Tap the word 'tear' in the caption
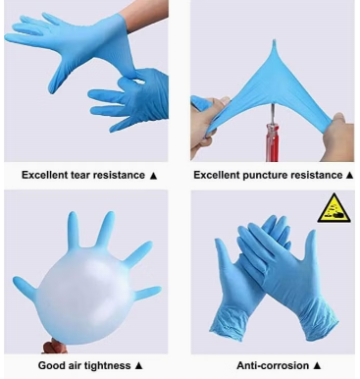pyautogui.click(x=87, y=176)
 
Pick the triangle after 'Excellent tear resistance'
pyautogui.click(x=152, y=176)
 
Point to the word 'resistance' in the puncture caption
pyautogui.click(x=316, y=176)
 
